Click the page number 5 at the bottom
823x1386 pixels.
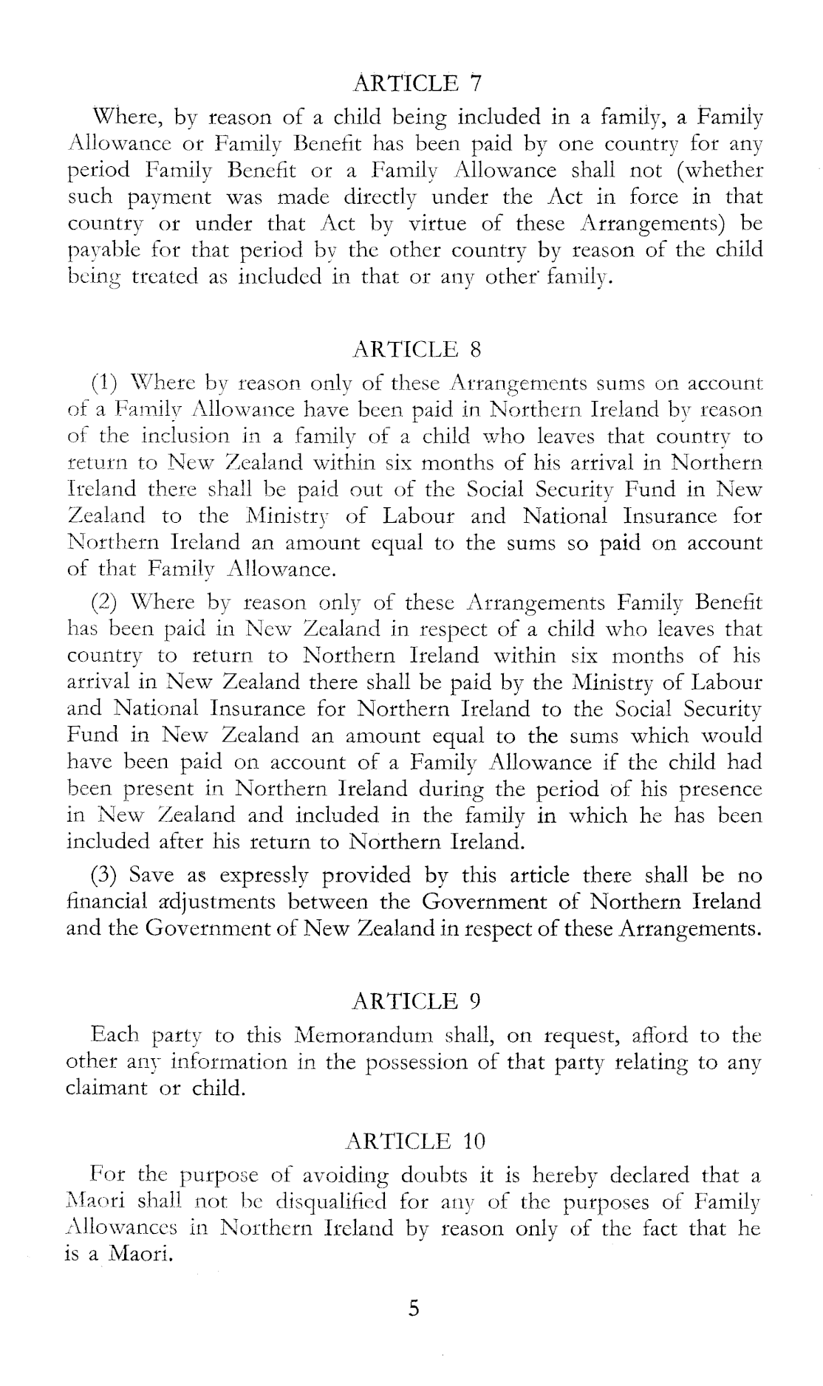pyautogui.click(x=414, y=1309)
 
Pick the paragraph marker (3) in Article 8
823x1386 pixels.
pyautogui.click(x=105, y=876)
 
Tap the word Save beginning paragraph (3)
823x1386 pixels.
pyautogui.click(x=151, y=876)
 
